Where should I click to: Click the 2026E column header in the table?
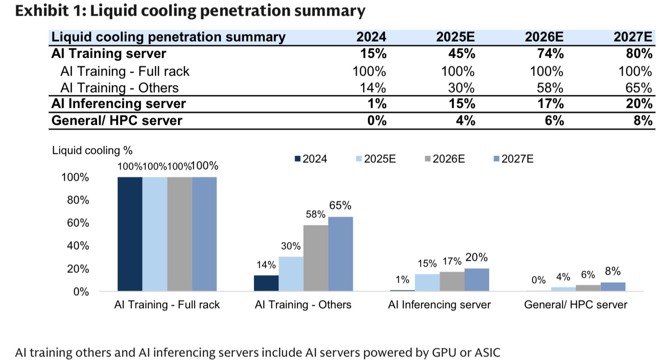tap(544, 37)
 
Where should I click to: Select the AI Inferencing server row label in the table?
tap(118, 104)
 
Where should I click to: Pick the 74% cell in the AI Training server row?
tap(551, 54)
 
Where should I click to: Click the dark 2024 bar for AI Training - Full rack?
tap(130, 234)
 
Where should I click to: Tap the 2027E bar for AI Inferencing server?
tap(477, 280)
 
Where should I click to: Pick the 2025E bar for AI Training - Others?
tap(291, 274)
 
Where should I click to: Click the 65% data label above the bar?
tap(340, 206)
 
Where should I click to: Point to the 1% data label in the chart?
tap(402, 280)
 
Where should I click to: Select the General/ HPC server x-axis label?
tap(576, 305)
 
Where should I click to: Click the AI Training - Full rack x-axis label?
tap(167, 305)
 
